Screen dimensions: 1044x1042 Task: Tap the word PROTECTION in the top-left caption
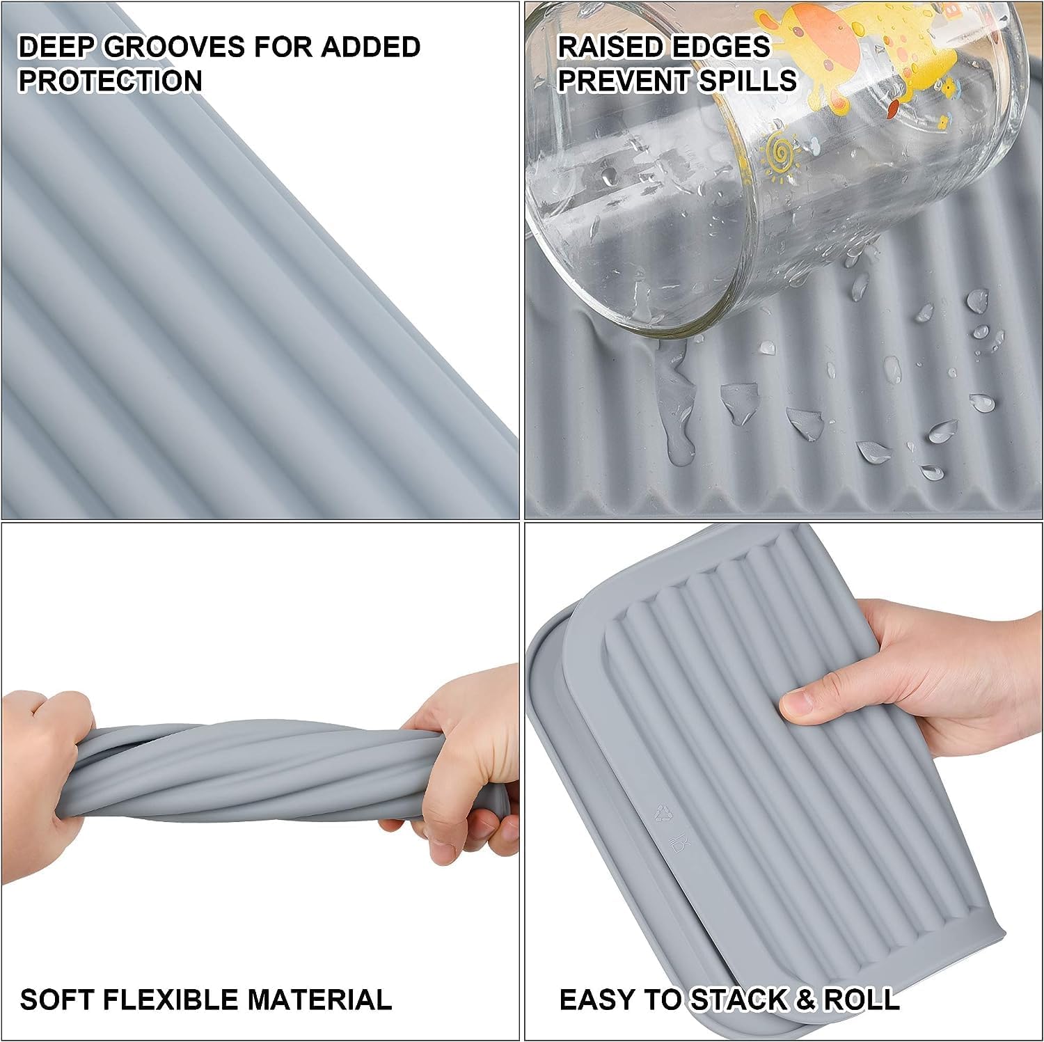pyautogui.click(x=110, y=81)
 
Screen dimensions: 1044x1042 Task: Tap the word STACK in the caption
pyautogui.click(x=738, y=1000)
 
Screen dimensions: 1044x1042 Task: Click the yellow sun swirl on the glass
pyautogui.click(x=779, y=156)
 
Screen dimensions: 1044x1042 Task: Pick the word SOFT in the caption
pyautogui.click(x=56, y=1000)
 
